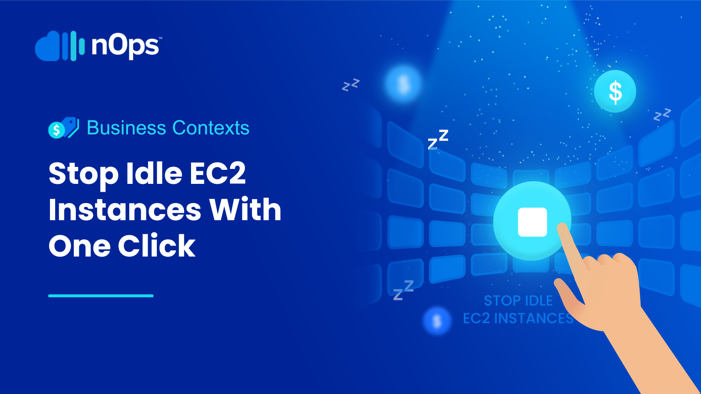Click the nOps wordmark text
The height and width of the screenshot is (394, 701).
click(126, 46)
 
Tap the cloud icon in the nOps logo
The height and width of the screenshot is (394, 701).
click(47, 47)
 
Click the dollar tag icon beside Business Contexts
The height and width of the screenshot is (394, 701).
click(64, 128)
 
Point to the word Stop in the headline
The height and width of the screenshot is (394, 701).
click(83, 174)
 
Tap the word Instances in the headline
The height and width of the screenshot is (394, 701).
click(125, 210)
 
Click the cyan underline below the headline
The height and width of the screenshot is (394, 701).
click(101, 296)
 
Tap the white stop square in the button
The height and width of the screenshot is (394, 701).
click(532, 222)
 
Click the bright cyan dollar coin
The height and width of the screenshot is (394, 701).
click(615, 91)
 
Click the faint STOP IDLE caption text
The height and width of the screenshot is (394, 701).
click(518, 301)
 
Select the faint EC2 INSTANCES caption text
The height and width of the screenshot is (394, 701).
click(518, 318)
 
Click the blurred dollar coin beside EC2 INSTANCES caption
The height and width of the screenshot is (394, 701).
click(437, 321)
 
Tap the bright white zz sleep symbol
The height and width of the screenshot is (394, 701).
click(438, 139)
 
